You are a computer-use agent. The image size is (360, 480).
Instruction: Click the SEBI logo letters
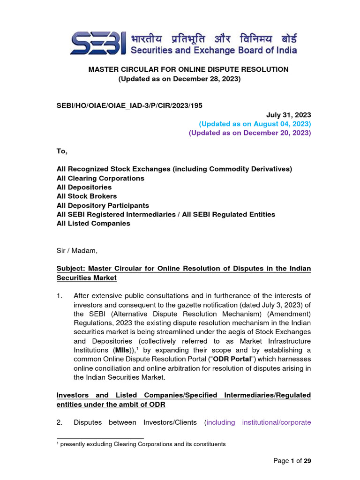pos(98,44)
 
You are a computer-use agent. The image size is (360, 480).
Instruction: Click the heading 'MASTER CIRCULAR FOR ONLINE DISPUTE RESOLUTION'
pos(188,69)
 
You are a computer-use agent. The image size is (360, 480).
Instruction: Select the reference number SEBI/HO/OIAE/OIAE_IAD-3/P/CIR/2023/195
pos(129,105)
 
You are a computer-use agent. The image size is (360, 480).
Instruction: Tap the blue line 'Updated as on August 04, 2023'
pos(255,124)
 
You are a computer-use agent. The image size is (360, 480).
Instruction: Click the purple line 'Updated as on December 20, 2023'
pos(250,133)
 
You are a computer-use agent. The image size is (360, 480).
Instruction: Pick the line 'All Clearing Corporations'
pos(100,178)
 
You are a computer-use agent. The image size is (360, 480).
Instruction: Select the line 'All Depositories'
pos(84,187)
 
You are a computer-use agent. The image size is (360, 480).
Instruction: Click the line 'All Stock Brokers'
pos(87,196)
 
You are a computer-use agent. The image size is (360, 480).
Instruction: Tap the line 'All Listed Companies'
pos(93,223)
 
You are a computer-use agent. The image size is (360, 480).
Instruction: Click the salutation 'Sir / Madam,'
pos(77,250)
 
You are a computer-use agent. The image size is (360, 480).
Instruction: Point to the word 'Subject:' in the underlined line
pos(71,269)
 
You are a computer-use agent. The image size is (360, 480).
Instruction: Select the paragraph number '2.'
pos(59,422)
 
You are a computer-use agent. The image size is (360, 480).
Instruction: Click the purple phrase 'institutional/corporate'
pos(277,422)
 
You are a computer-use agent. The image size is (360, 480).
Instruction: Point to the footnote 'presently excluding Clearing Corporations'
pos(141,444)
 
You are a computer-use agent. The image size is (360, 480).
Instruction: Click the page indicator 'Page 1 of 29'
pos(292,461)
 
